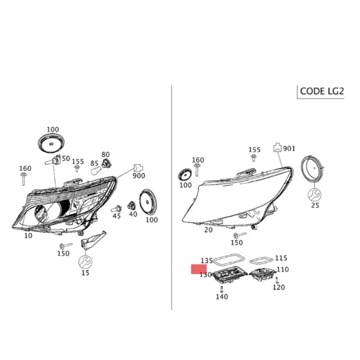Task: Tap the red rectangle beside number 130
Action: coord(198,270)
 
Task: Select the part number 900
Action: coord(139,175)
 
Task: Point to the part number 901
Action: coord(289,148)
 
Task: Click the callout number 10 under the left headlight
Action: coord(28,235)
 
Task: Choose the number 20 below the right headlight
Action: coord(208,229)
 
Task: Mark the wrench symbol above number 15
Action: coord(85,261)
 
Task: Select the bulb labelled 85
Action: coord(96,171)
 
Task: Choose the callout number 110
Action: coord(282,270)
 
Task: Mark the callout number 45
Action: coord(117,216)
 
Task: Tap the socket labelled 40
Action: coord(132,206)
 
